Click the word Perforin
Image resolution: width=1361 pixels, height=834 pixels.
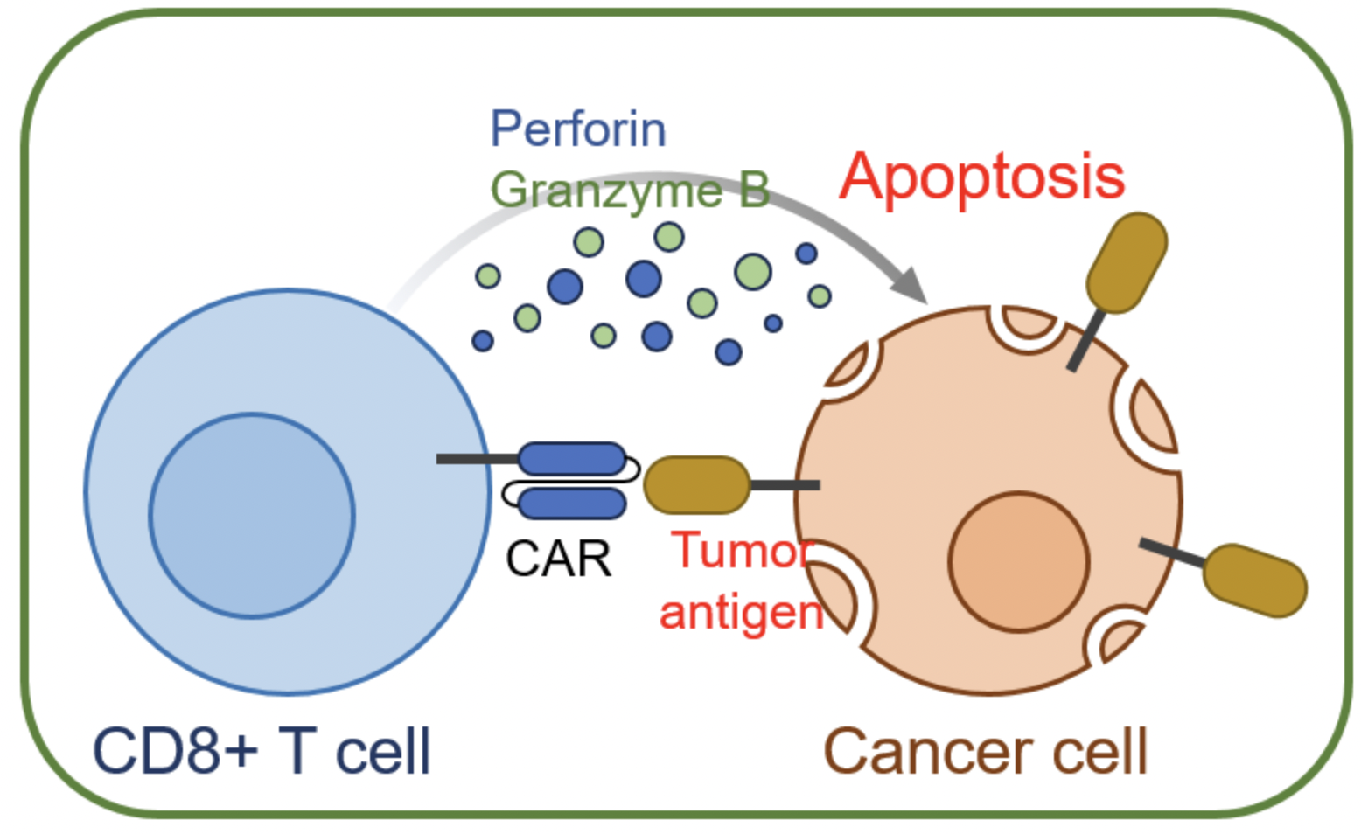tap(577, 129)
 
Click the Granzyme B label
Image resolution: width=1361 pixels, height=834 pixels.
tap(629, 190)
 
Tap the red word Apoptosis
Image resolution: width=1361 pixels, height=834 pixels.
tap(981, 177)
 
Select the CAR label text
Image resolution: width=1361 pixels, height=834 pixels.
tap(558, 559)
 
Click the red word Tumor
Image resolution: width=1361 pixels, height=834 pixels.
tap(742, 551)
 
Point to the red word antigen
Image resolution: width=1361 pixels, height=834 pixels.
tap(741, 611)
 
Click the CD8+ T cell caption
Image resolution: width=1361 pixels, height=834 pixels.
tap(261, 751)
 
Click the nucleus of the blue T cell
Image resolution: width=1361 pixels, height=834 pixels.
tap(252, 515)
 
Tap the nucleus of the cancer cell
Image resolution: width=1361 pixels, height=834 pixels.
tap(1018, 561)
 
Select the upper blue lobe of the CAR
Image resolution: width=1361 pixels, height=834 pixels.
tap(572, 459)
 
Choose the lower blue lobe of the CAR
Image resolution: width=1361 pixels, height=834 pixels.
tap(572, 504)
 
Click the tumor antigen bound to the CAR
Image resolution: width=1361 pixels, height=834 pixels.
tap(696, 484)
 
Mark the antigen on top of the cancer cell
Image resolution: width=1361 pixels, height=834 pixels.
tap(1126, 262)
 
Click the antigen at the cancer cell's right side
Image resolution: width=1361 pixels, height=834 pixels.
tap(1254, 580)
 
